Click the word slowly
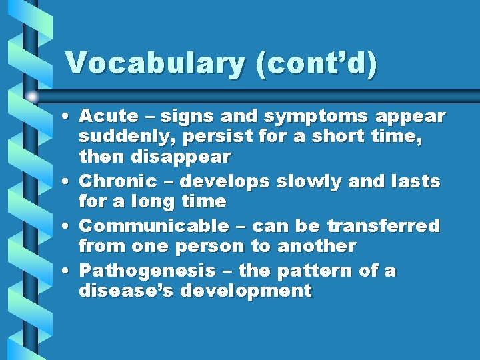(306, 181)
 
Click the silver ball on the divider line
(32, 97)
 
